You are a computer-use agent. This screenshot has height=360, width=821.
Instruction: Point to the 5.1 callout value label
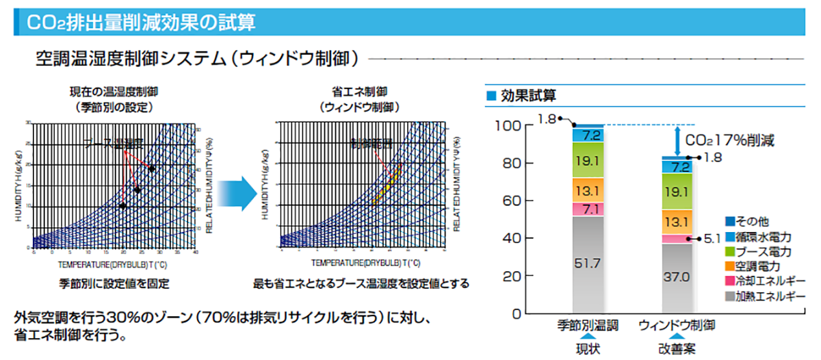coord(712,239)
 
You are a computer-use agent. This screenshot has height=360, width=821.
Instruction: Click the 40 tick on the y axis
coord(514,239)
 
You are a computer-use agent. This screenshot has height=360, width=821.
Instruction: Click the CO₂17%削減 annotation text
coord(729,142)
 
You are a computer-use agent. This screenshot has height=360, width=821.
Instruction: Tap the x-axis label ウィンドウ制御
coord(678,325)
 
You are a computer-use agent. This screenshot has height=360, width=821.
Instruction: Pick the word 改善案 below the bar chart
coord(678,349)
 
